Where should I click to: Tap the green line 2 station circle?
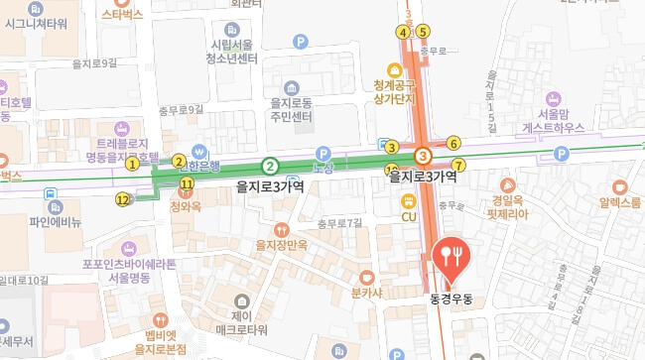point(269,166)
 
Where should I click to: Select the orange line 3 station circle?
point(424,156)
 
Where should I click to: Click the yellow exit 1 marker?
point(132,165)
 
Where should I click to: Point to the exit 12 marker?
point(123,199)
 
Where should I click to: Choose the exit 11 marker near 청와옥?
point(186,184)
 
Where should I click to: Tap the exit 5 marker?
point(424,31)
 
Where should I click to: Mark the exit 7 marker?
point(457,165)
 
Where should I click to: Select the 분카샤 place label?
point(367,294)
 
